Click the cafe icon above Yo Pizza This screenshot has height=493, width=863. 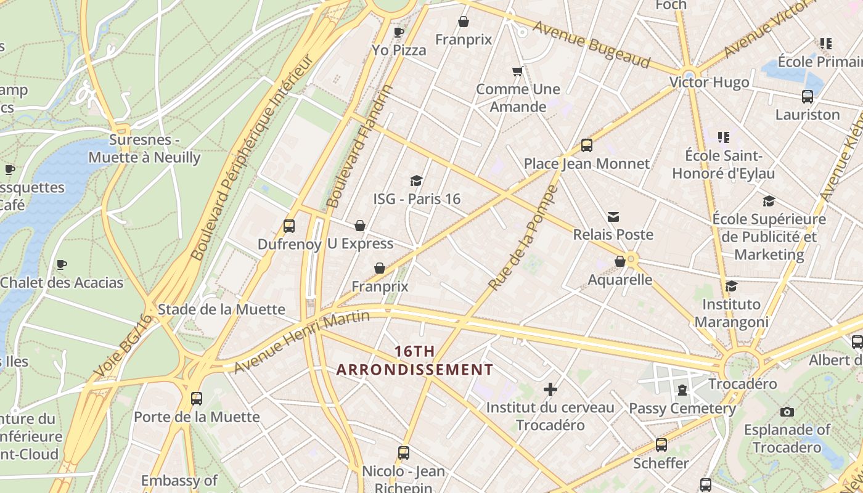[399, 31]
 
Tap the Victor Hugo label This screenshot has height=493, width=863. [709, 82]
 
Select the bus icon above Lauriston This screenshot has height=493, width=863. [807, 96]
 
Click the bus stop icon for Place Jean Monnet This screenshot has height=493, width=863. [586, 145]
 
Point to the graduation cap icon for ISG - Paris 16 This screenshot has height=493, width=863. [417, 181]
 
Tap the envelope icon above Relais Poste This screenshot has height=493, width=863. [613, 217]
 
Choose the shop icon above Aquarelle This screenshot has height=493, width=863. [620, 261]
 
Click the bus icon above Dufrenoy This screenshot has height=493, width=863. [289, 226]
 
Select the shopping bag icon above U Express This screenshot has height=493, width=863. [360, 226]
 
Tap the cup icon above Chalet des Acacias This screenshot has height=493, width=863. [62, 265]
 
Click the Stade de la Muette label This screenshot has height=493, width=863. [221, 309]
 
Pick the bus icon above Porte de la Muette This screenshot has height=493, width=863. [197, 399]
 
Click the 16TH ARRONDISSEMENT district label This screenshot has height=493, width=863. [414, 361]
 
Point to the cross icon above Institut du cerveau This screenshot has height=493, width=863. [550, 389]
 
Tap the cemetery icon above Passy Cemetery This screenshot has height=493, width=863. [682, 390]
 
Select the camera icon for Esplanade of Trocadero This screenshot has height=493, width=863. [787, 412]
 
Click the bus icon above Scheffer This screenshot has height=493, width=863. [661, 444]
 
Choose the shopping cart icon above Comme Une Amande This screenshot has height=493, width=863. [518, 71]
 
